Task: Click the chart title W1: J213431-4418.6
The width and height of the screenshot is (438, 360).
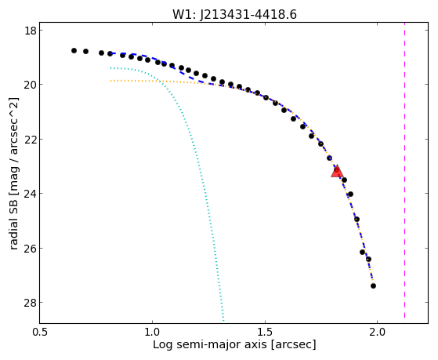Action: point(234,15)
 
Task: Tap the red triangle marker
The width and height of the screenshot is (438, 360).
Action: point(337,172)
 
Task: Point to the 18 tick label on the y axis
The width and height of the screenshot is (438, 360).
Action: point(30,31)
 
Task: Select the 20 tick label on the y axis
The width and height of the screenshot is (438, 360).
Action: point(30,85)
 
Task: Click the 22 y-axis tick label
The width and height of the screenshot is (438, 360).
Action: point(30,139)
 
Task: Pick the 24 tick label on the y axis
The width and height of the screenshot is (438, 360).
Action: point(30,194)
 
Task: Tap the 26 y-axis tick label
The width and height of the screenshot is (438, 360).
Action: point(30,248)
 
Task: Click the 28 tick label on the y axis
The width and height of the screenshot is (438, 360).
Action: point(30,303)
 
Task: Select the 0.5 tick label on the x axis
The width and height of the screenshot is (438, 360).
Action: point(40,333)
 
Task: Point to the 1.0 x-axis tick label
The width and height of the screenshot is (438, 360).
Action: point(153,333)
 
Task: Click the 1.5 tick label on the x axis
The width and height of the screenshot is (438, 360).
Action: point(265,333)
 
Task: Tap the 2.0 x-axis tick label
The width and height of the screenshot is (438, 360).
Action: point(378,333)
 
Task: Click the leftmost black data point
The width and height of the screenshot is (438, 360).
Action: point(74,51)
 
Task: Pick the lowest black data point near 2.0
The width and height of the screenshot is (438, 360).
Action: point(373,285)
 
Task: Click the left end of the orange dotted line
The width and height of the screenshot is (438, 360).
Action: point(111,81)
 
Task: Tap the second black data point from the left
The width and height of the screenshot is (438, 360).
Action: point(85,52)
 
